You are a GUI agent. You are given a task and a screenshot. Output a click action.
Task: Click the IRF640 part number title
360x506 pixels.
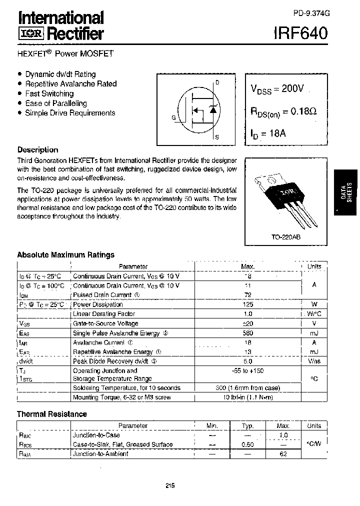(301, 34)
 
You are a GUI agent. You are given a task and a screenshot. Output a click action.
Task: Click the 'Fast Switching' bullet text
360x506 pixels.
(49, 93)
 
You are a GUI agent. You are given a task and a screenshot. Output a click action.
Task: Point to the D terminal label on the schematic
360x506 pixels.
(217, 83)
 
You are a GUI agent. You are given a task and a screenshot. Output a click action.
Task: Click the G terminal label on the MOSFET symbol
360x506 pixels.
(173, 118)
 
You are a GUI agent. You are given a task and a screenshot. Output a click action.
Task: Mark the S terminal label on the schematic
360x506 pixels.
(216, 136)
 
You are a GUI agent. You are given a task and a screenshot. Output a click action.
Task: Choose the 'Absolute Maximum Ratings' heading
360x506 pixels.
(65, 255)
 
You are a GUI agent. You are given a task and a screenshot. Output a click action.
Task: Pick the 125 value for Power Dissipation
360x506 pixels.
(247, 304)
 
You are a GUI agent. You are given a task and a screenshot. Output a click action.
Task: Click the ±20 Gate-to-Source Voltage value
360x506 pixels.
(247, 323)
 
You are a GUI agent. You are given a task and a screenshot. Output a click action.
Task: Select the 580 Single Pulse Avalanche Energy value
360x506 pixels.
(247, 333)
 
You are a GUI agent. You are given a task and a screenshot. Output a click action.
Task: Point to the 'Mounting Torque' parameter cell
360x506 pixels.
(121, 397)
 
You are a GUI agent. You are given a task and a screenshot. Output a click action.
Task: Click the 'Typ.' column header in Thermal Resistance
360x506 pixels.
(247, 425)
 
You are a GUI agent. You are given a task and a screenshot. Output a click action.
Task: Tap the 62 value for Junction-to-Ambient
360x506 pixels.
(283, 454)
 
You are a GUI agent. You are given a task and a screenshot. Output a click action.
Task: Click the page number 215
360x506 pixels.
(170, 485)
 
